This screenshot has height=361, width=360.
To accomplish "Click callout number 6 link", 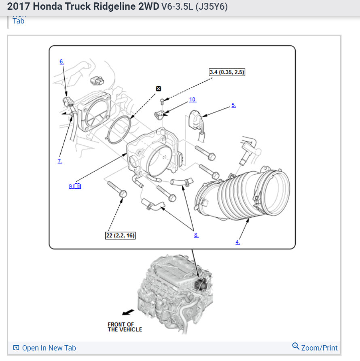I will [x=61, y=62].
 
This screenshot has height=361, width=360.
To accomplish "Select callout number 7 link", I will [x=60, y=161].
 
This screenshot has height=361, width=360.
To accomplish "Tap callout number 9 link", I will [x=71, y=186].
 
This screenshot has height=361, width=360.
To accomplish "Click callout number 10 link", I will [x=193, y=100].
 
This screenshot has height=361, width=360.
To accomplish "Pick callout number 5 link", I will [x=233, y=105].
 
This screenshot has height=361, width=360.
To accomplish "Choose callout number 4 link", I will [x=237, y=242].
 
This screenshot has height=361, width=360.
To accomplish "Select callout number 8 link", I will [x=196, y=235].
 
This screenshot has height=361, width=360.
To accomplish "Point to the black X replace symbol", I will [x=159, y=89].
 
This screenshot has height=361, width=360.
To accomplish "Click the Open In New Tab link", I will [x=49, y=348].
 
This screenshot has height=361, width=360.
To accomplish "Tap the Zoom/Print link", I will [x=319, y=348].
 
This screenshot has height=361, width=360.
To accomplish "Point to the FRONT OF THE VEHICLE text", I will [x=125, y=327].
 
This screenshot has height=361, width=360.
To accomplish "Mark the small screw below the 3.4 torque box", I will [x=162, y=100].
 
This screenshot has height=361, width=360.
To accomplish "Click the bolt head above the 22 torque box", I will [x=123, y=194].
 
